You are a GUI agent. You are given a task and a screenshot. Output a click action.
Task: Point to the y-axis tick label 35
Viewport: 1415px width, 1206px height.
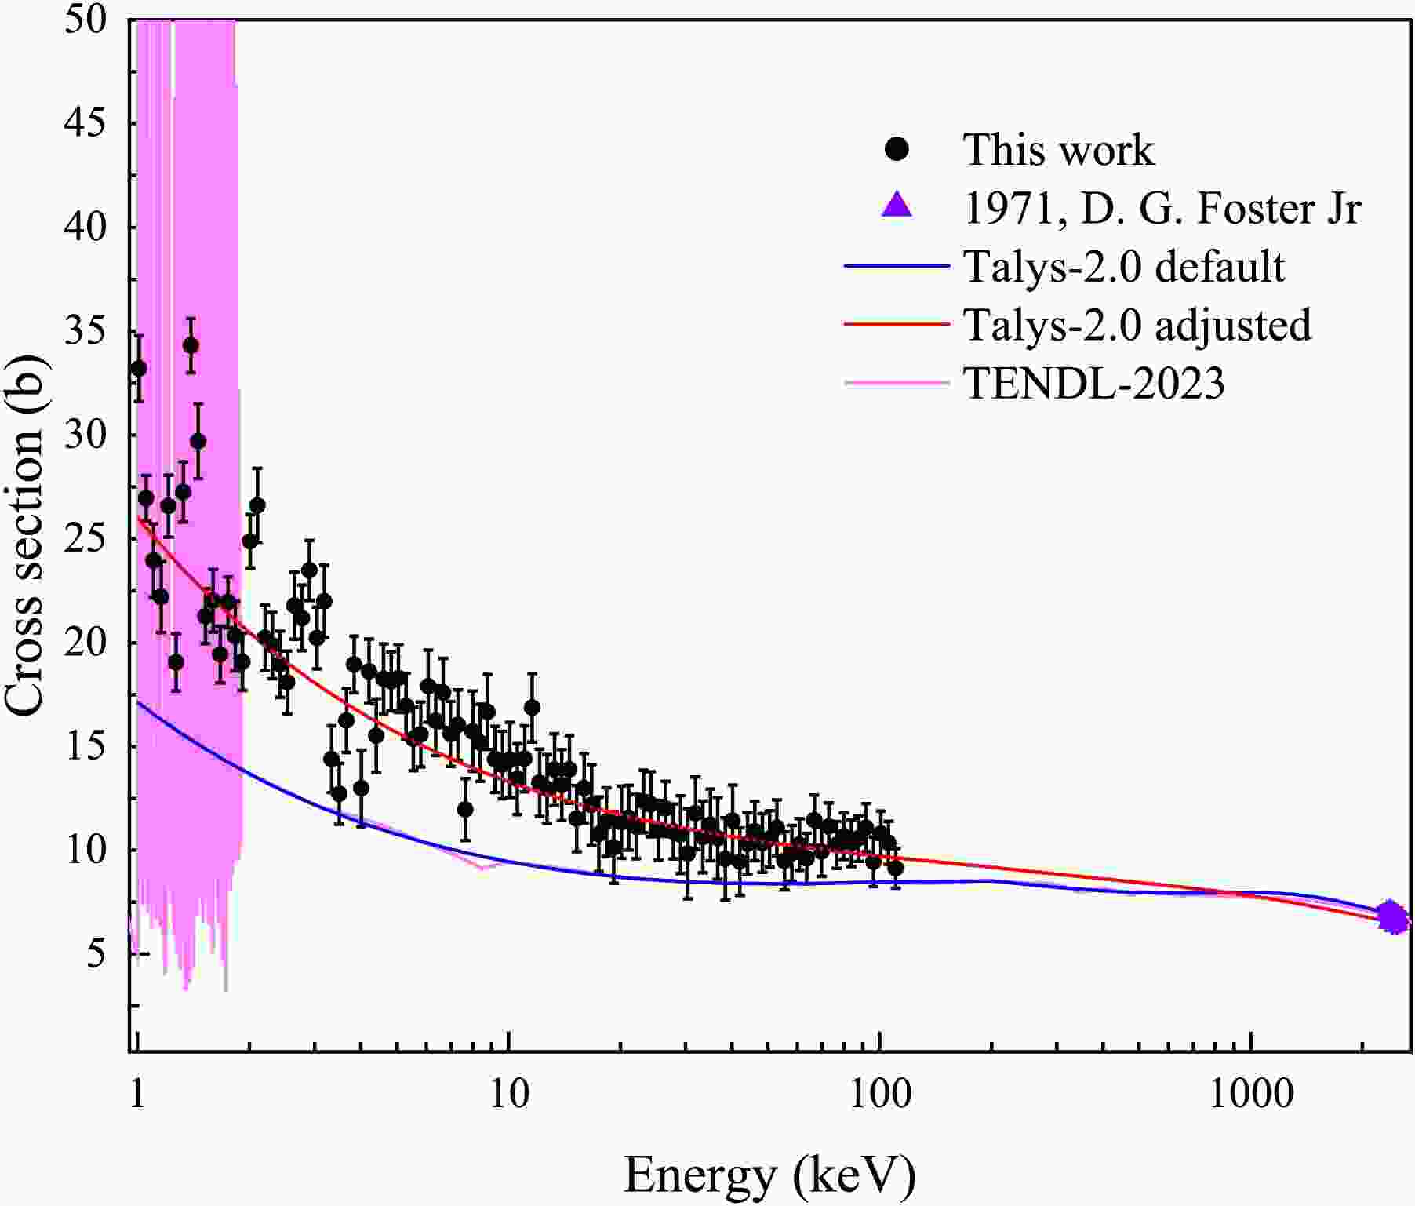pyautogui.click(x=85, y=332)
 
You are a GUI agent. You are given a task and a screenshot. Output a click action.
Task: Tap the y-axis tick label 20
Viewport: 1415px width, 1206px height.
pyautogui.click(x=85, y=643)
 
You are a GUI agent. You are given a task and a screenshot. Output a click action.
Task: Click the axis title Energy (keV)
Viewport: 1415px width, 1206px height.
pyautogui.click(x=769, y=1175)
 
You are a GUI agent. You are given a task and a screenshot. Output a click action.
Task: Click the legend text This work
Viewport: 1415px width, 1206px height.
pyautogui.click(x=1058, y=149)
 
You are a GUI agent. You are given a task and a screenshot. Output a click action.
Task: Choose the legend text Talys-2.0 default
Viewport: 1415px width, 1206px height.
pyautogui.click(x=1123, y=266)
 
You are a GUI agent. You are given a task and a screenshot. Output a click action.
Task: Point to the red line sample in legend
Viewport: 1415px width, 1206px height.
pyautogui.click(x=897, y=324)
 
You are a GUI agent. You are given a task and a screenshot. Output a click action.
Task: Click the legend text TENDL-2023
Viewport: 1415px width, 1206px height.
pyautogui.click(x=1093, y=383)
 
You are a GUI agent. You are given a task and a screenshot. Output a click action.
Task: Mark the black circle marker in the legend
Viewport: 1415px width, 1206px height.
pyautogui.click(x=897, y=149)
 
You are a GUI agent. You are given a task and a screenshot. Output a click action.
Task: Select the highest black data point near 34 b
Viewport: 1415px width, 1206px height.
pyautogui.click(x=191, y=345)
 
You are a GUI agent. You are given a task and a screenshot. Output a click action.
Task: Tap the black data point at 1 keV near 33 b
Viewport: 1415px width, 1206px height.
pyautogui.click(x=139, y=368)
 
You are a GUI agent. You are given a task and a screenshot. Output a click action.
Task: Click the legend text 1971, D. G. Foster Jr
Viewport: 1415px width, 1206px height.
pyautogui.click(x=1162, y=208)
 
